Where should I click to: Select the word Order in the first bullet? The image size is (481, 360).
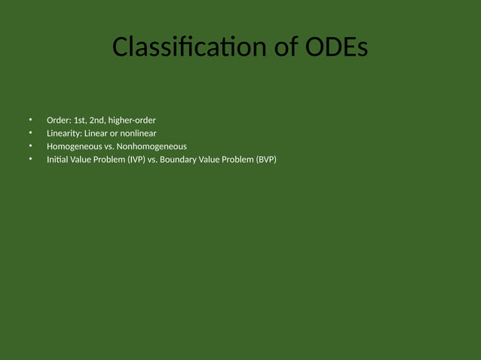(58, 121)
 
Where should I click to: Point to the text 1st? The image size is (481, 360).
(80, 121)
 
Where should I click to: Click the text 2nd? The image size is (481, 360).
(97, 121)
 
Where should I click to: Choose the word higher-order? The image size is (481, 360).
(132, 121)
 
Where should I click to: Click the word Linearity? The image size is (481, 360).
(64, 133)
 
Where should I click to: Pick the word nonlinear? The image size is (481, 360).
(138, 133)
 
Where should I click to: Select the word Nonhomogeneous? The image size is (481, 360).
(152, 146)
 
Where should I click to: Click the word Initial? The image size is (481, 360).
(57, 159)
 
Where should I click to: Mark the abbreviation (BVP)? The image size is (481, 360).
(266, 159)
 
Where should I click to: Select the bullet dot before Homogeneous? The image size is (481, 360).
(31, 146)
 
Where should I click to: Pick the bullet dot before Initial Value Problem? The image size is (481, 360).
(31, 159)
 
